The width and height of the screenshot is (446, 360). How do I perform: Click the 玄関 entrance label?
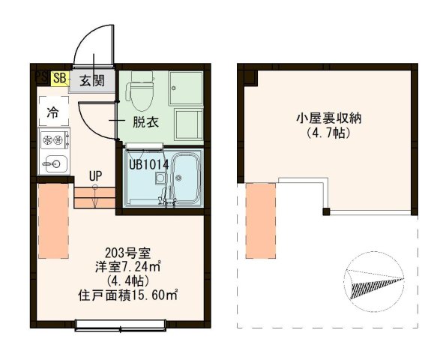[93, 79]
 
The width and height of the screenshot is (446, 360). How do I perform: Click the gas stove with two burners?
[53, 139]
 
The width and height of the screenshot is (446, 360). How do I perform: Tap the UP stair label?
[95, 176]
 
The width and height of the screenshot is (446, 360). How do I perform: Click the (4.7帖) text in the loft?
[329, 134]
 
